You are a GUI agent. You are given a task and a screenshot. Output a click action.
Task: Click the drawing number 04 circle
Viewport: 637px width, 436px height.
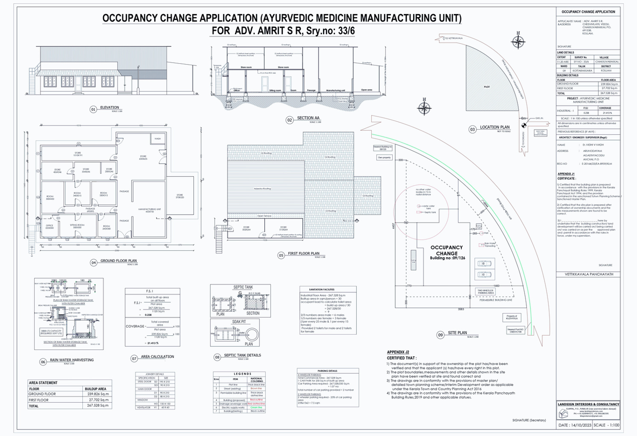(x=93, y=263)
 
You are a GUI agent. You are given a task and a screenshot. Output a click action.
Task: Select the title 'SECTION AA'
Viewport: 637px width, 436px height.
(x=308, y=118)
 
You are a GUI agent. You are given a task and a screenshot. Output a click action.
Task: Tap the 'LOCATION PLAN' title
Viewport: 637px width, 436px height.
(x=495, y=127)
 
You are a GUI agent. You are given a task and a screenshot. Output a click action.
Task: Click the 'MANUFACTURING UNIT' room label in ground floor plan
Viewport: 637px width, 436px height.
(x=149, y=210)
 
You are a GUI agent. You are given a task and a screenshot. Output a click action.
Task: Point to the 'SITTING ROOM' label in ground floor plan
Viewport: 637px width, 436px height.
(x=77, y=225)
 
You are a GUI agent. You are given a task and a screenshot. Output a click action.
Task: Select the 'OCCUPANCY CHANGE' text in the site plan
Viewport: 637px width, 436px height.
(x=446, y=250)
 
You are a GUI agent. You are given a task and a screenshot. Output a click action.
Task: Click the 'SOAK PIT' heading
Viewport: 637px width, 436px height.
(x=239, y=322)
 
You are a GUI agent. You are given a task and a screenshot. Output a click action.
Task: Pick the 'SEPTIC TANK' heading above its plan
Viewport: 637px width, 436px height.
(x=243, y=287)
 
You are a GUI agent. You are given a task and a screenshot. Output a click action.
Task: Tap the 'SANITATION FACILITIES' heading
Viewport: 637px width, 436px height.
(x=322, y=289)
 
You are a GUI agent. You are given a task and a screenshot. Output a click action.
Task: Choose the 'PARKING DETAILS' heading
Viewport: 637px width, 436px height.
(x=327, y=371)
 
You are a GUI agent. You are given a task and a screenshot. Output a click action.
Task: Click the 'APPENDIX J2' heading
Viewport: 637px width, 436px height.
(x=398, y=352)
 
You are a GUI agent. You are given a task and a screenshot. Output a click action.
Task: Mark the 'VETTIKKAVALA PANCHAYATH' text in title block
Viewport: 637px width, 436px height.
(x=589, y=274)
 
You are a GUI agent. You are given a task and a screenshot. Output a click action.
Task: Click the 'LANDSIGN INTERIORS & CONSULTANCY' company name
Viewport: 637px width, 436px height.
(x=588, y=404)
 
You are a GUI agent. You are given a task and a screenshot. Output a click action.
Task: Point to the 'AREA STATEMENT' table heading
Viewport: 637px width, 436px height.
(x=43, y=383)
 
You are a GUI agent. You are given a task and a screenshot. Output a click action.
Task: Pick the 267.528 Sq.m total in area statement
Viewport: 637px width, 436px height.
(x=98, y=406)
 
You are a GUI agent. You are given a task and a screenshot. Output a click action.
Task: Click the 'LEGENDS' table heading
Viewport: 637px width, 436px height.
(x=243, y=374)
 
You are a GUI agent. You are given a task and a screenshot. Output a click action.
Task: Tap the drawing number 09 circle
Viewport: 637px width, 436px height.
(x=440, y=335)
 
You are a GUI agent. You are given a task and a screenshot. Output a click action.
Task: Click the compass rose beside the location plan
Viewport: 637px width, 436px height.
(x=518, y=42)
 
